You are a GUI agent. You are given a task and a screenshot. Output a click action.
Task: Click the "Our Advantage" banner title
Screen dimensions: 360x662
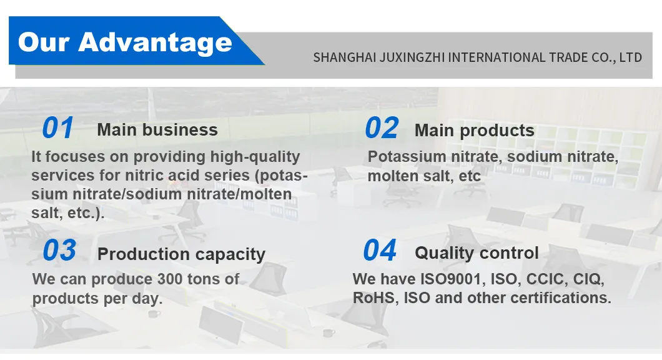tap(125, 42)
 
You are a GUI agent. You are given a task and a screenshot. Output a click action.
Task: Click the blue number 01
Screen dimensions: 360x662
tap(57, 128)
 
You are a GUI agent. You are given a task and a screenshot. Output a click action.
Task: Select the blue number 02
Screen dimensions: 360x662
tap(381, 128)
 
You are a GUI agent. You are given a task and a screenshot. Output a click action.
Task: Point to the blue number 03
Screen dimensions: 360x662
tap(59, 251)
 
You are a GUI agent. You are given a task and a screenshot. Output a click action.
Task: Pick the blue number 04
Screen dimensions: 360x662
tap(380, 251)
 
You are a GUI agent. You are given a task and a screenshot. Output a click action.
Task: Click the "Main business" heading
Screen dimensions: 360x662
tap(157, 130)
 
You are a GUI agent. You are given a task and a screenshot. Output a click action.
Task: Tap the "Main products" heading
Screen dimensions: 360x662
tap(475, 131)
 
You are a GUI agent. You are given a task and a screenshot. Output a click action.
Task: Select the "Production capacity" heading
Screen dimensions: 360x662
tap(182, 254)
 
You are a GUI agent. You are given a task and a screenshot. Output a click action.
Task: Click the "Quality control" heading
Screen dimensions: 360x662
tap(477, 253)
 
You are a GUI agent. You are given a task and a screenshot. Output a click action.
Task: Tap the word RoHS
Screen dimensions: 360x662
tap(373, 298)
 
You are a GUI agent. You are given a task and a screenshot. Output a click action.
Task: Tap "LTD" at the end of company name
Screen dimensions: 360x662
tap(631, 57)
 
